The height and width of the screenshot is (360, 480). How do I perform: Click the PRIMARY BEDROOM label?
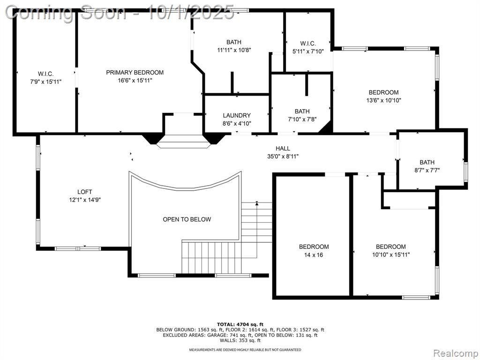pyautogui.click(x=135, y=73)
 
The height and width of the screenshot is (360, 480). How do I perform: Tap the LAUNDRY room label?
pyautogui.click(x=237, y=115)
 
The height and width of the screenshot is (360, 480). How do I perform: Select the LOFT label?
pyautogui.click(x=85, y=192)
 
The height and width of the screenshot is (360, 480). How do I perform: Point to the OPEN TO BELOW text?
pyautogui.click(x=187, y=219)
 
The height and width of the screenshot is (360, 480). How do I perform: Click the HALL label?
pyautogui.click(x=283, y=149)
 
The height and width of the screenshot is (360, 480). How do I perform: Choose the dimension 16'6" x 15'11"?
pyautogui.click(x=135, y=81)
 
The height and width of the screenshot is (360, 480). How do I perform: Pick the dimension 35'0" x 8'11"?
pyautogui.click(x=283, y=157)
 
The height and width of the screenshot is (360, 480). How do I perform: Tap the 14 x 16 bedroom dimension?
pyautogui.click(x=314, y=255)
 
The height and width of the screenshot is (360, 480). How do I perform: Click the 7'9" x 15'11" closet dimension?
pyautogui.click(x=45, y=82)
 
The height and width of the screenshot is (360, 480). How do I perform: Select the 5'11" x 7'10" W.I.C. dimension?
pyautogui.click(x=308, y=52)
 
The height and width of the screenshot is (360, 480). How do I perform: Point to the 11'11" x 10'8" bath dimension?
pyautogui.click(x=234, y=50)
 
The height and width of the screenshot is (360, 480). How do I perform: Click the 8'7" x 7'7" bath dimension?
pyautogui.click(x=427, y=170)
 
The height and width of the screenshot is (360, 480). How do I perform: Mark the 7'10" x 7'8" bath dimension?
pyautogui.click(x=302, y=119)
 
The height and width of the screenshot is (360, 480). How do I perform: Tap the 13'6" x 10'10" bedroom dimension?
pyautogui.click(x=383, y=100)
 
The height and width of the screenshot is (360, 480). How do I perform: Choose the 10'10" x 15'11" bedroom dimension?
pyautogui.click(x=391, y=255)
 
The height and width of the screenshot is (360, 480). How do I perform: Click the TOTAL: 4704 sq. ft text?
pyautogui.click(x=240, y=324)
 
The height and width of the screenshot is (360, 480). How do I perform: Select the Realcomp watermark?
pyautogui.click(x=455, y=353)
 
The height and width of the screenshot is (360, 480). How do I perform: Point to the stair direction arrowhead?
pyautogui.click(x=257, y=203)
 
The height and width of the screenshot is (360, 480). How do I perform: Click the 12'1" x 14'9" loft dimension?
pyautogui.click(x=85, y=200)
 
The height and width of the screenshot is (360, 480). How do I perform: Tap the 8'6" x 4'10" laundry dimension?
pyautogui.click(x=237, y=123)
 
